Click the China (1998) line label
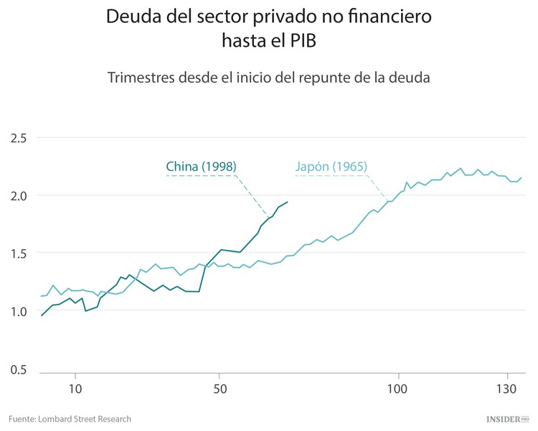click(201, 167)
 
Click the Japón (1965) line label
click(331, 167)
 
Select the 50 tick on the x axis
click(220, 388)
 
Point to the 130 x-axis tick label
click(507, 388)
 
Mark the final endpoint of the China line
click(287, 202)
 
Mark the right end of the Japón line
click(522, 177)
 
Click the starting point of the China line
click(42, 315)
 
